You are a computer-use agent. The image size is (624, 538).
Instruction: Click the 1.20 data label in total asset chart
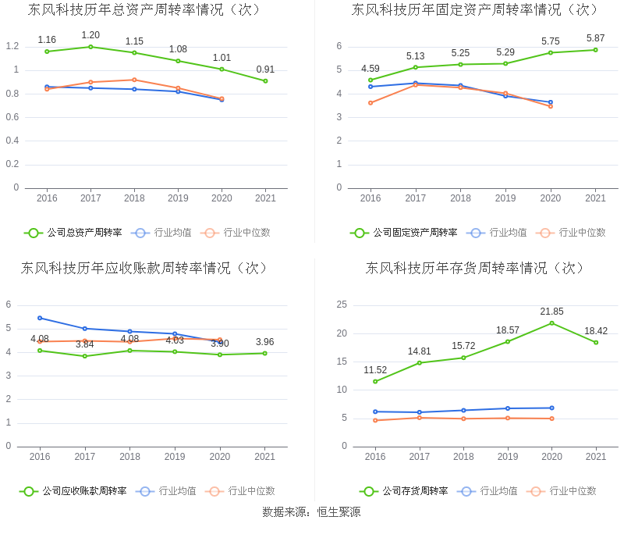(x=90, y=35)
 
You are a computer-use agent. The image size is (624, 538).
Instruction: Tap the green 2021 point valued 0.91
(x=265, y=80)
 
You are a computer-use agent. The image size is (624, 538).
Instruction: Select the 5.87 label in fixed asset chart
(x=595, y=38)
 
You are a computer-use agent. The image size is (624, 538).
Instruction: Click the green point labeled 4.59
(x=370, y=80)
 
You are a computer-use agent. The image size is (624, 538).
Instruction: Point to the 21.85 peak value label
(x=551, y=312)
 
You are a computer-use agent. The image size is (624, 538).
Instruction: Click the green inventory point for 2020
(x=551, y=323)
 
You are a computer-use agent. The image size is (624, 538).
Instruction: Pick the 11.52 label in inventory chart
(x=375, y=370)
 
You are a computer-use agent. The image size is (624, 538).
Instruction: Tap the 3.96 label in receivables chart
(x=264, y=342)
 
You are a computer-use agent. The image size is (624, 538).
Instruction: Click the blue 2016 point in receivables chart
(x=40, y=318)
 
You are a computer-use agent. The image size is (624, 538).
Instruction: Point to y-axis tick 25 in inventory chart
(x=342, y=305)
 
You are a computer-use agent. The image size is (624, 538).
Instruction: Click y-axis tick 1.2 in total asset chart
(x=12, y=46)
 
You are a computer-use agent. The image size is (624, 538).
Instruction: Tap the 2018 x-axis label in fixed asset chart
(x=460, y=198)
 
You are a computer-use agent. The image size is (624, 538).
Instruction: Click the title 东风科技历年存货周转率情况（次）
(x=475, y=268)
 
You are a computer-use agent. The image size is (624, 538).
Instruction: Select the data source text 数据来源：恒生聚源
(x=311, y=512)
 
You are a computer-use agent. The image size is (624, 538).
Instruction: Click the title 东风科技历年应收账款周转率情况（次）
(x=145, y=268)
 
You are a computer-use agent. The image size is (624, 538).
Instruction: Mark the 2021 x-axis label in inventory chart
(x=596, y=457)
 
